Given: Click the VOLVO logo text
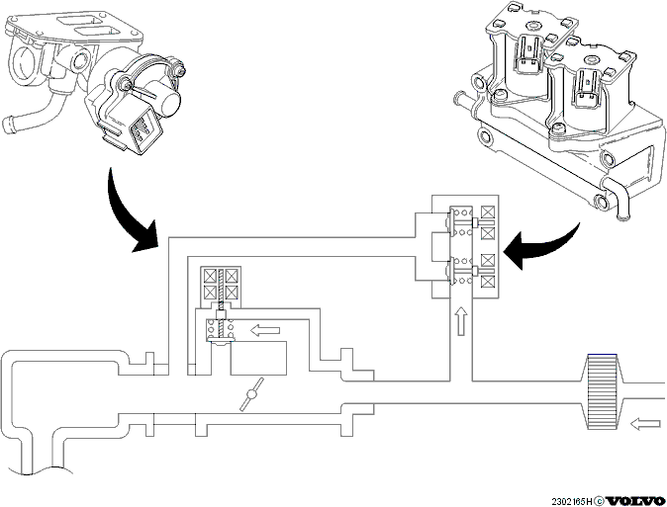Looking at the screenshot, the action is coord(634,501).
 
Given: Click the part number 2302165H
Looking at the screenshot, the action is coord(572,501).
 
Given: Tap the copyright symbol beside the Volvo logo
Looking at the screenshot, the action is coord(599,501).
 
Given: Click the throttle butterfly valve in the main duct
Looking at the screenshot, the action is coord(251,394).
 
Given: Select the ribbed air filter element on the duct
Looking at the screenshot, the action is coord(602,391).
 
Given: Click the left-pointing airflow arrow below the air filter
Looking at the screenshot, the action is coord(645,424).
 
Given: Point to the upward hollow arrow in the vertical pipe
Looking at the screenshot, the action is coord(461,322).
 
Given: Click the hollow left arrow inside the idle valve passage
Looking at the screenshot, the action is coord(265,330).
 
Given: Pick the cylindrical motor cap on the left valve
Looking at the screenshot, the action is coord(166,96).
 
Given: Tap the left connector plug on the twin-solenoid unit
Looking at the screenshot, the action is coord(528,55).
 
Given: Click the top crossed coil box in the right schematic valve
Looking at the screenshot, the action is coord(488,211).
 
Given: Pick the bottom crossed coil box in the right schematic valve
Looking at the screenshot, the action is coord(488,282).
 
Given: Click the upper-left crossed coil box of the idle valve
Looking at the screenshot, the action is coord(210,277).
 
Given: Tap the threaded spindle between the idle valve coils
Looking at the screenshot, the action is coord(221,290).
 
